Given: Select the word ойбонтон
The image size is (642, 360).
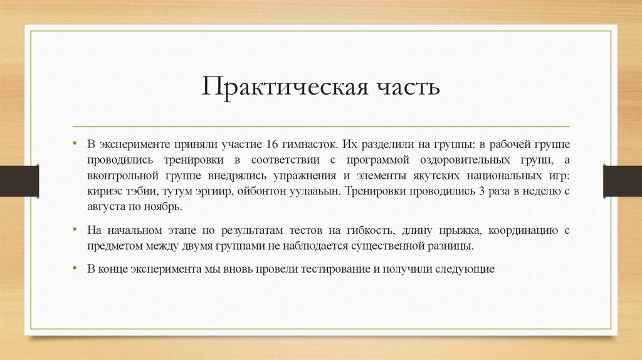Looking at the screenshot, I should [260, 191].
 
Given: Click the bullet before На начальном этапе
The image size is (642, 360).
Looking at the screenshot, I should [75, 230].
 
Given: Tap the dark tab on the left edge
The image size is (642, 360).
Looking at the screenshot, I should [19, 181].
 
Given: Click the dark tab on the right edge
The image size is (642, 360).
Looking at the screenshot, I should [623, 181].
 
